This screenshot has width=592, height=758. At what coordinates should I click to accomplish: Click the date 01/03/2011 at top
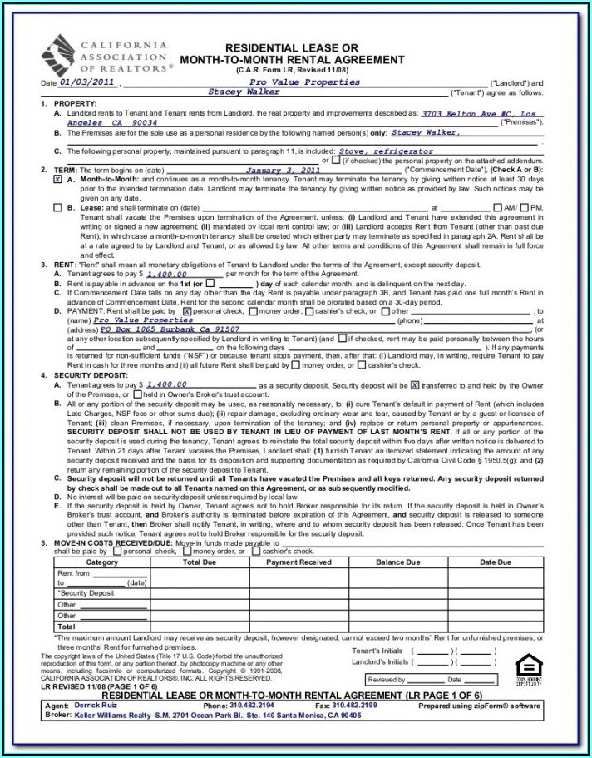(x=87, y=82)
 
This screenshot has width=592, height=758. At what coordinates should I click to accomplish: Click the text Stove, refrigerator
(x=387, y=151)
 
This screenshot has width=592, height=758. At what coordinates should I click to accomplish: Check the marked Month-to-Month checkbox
(x=57, y=179)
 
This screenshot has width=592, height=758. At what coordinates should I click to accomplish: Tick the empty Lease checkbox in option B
(x=57, y=207)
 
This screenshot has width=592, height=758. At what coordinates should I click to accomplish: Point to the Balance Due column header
(x=397, y=562)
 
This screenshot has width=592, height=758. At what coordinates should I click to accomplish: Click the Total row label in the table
(x=66, y=627)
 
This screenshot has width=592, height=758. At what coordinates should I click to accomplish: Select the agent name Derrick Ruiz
(x=98, y=705)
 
